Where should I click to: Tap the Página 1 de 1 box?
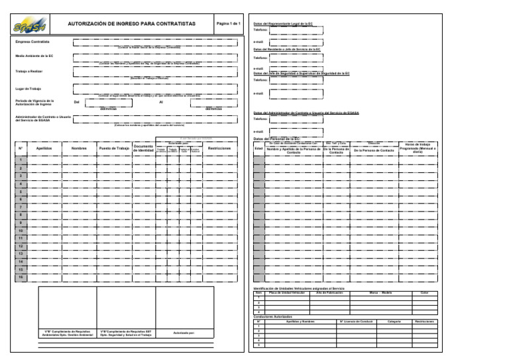(227, 23)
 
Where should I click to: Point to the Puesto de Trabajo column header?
(113, 149)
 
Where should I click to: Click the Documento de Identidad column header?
(143, 149)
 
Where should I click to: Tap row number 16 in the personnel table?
(21, 278)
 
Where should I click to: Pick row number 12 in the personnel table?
(21, 246)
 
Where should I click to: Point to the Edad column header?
(259, 148)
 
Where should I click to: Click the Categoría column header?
(394, 322)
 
